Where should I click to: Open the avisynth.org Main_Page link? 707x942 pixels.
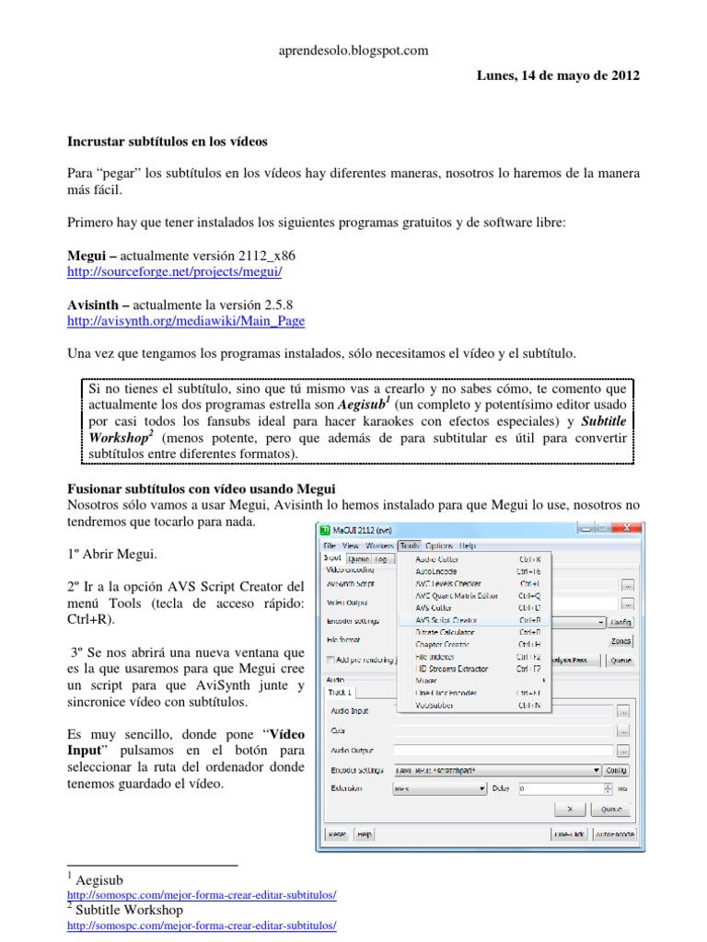(187, 321)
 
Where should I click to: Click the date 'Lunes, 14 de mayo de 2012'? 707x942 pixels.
(557, 75)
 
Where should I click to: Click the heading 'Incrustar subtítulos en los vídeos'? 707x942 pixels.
(168, 143)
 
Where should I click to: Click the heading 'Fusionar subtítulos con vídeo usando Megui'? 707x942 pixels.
(203, 487)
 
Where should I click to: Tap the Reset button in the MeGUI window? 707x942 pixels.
(337, 834)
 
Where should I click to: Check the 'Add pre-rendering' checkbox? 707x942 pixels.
(331, 660)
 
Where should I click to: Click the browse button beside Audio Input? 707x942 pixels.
(624, 711)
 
